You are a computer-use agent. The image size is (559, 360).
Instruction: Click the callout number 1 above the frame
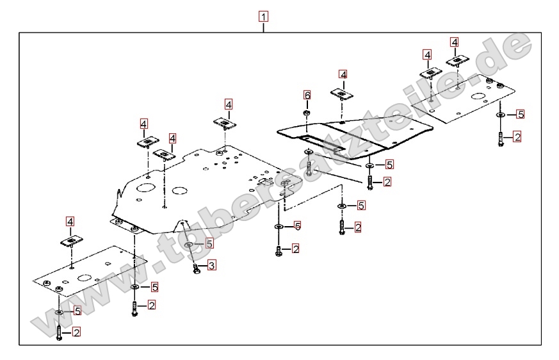(x=264, y=16)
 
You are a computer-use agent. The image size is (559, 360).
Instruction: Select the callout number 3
(x=212, y=265)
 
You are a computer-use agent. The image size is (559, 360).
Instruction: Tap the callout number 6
(x=307, y=95)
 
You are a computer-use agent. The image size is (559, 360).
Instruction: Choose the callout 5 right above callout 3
(x=209, y=243)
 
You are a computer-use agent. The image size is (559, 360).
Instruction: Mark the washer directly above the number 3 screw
(x=189, y=245)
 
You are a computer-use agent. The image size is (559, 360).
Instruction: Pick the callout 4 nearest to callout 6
(x=343, y=75)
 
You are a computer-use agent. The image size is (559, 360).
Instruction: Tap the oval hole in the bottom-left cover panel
(x=85, y=279)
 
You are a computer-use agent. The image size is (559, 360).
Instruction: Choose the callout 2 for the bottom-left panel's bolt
(x=77, y=332)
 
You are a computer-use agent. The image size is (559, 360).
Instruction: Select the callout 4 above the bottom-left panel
(x=70, y=222)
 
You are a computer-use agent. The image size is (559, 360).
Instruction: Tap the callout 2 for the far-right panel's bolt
(x=517, y=136)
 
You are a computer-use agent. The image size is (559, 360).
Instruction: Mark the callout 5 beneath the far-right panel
(x=521, y=114)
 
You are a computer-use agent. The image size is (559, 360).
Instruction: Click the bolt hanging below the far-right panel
(x=499, y=138)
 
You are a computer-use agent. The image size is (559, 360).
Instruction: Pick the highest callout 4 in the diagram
(x=455, y=42)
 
